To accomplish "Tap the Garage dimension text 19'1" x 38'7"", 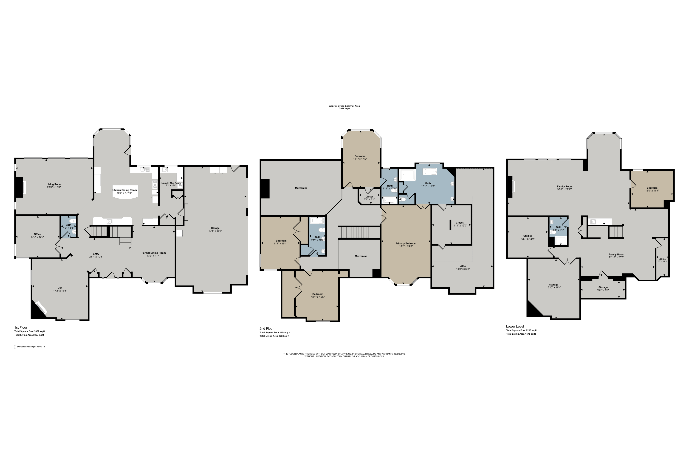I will (215, 231).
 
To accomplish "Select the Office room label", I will (37, 234).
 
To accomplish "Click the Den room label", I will (60, 288).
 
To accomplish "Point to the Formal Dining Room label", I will (153, 253).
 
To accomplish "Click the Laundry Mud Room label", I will (171, 183).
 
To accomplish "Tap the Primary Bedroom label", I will (406, 243).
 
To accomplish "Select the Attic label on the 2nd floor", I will (463, 266).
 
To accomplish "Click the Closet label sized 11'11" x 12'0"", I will (460, 223).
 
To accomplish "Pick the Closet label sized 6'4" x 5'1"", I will (369, 197).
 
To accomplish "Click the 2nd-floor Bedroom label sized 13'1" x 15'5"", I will (318, 294).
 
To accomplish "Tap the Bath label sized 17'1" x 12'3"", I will (428, 183).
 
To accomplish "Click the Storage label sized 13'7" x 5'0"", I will (603, 287).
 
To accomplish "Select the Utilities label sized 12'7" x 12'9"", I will (528, 236).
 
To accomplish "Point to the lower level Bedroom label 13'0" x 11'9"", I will (652, 188).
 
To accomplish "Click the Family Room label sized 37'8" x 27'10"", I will (565, 186).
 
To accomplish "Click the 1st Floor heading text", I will (21, 327).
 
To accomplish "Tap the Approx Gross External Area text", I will (344, 106).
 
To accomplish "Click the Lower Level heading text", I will (515, 326).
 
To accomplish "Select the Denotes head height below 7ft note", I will (31, 347).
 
